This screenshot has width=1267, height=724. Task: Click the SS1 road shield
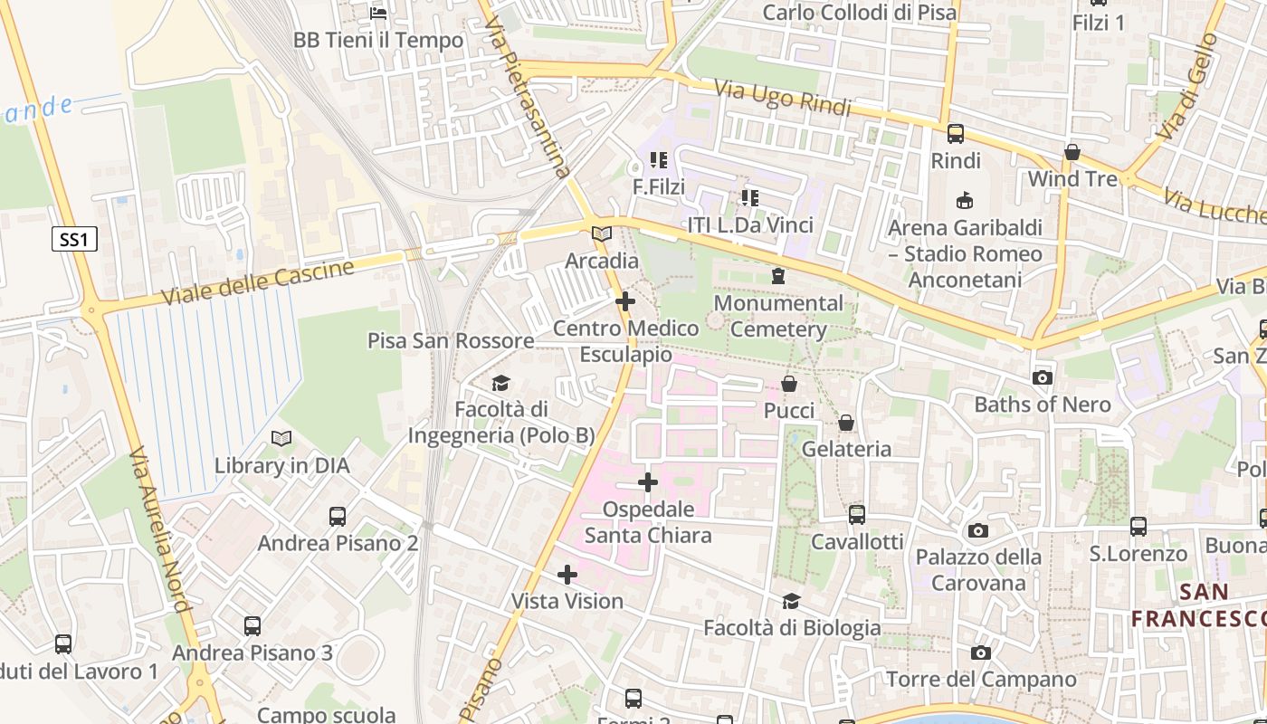(x=73, y=240)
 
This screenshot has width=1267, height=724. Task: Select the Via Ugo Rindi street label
(x=783, y=99)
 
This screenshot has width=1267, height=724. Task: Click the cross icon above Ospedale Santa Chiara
(x=648, y=482)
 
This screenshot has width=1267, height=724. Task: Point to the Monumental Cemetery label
(x=778, y=316)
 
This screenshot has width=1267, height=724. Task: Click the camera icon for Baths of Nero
(x=1043, y=377)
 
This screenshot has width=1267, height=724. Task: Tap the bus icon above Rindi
(x=956, y=134)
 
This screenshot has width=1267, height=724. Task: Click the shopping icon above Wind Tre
(x=1072, y=152)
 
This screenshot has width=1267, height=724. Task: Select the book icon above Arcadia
(x=602, y=233)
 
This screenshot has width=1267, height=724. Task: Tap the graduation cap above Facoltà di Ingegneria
(x=501, y=383)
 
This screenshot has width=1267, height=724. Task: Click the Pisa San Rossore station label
(x=451, y=341)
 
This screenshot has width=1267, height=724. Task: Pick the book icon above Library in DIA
(x=281, y=439)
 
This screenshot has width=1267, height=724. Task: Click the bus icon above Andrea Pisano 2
(x=338, y=516)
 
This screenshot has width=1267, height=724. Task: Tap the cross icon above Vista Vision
(x=567, y=575)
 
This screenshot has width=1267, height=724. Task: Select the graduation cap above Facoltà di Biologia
(x=792, y=601)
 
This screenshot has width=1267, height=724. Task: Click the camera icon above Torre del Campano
(x=981, y=653)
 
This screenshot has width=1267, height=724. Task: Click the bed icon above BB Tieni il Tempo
(x=378, y=13)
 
